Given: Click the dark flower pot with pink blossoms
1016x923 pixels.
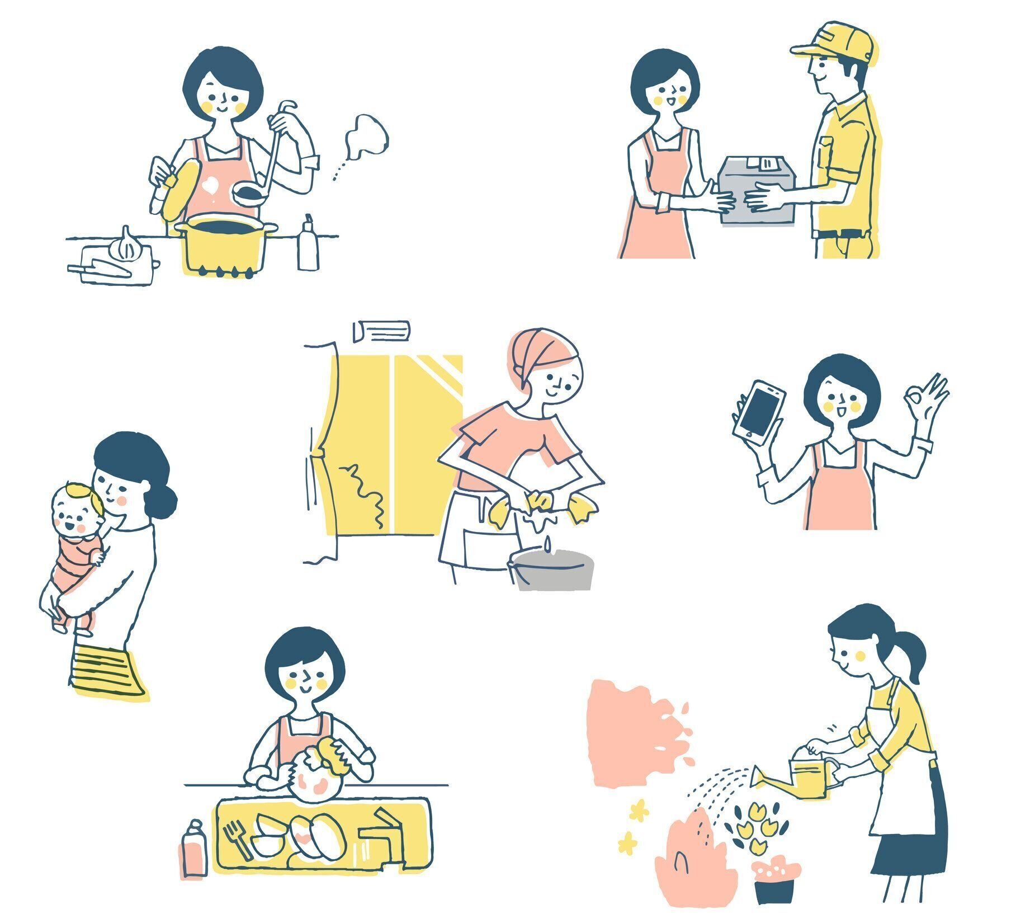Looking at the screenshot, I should (x=775, y=883).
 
